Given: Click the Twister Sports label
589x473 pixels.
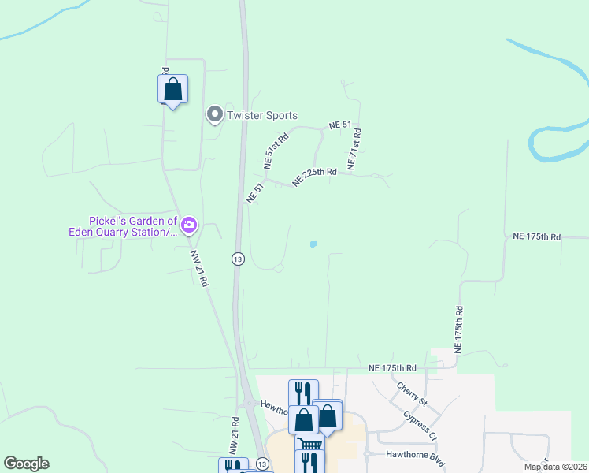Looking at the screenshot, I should [x=261, y=116].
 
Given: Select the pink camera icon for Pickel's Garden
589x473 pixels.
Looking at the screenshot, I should [x=188, y=226].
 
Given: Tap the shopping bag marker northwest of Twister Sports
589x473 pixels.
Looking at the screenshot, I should [x=173, y=89].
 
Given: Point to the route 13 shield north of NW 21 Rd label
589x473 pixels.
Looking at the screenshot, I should [x=236, y=259].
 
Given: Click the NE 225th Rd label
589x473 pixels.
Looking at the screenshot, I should [x=314, y=177].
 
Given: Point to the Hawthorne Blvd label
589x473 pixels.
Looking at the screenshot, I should [x=417, y=455].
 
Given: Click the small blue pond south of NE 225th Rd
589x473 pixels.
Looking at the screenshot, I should [x=313, y=244].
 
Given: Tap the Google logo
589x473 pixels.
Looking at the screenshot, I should [x=26, y=464].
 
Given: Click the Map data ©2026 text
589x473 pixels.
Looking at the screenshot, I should [x=555, y=467].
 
